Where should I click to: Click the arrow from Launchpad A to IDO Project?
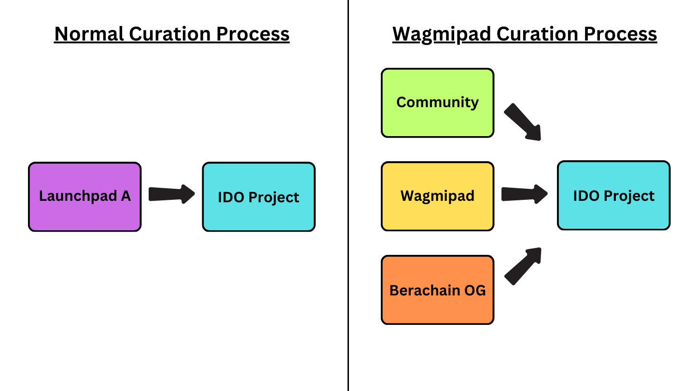point(171,194)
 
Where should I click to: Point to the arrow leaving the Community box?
point(523,122)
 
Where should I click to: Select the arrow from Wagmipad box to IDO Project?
point(524,194)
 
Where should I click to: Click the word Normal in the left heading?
point(89,34)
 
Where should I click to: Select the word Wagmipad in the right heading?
point(442,34)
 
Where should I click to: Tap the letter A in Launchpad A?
point(125,196)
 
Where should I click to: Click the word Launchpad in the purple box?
point(77,196)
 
